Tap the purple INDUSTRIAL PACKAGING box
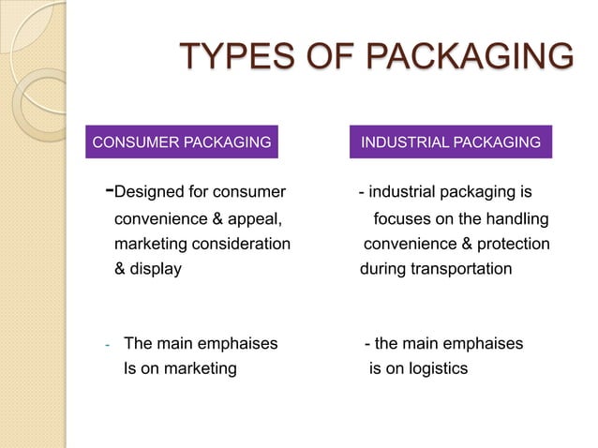(x=451, y=142)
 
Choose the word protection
(x=515, y=245)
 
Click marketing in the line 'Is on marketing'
(x=200, y=368)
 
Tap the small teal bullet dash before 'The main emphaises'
(x=108, y=345)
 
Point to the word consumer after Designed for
(x=250, y=193)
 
